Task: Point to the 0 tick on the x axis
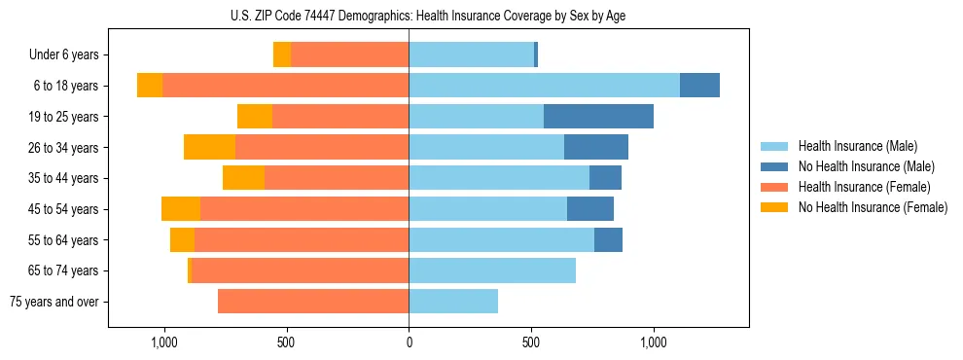[x=409, y=342]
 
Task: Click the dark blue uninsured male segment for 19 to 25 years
[x=598, y=117]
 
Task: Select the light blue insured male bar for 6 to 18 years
[x=544, y=86]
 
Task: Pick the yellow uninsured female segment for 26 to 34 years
[x=209, y=147]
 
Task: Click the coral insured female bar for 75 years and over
[x=313, y=302]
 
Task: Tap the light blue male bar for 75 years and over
[x=453, y=302]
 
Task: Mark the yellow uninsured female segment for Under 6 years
[x=282, y=54]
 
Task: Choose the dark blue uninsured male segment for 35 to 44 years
[x=605, y=178]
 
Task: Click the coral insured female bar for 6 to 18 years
[x=285, y=86]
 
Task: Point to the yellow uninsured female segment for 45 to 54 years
[x=181, y=209]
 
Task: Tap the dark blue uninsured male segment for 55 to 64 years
[x=608, y=239]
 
